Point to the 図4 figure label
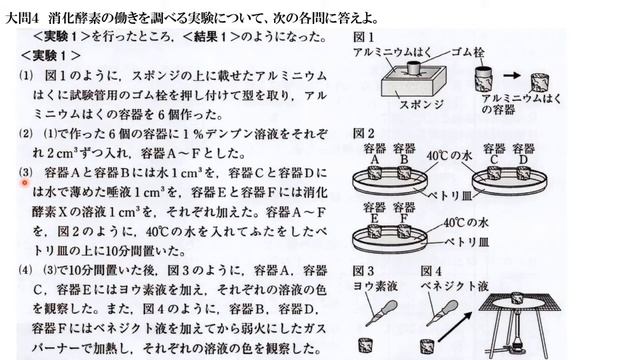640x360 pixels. [433, 271]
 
